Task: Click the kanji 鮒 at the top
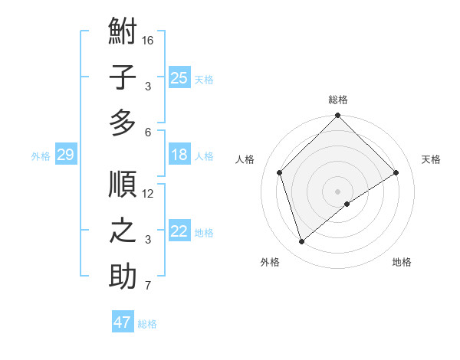click(x=123, y=33)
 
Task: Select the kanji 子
click(x=123, y=77)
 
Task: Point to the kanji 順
click(x=123, y=185)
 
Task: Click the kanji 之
click(x=123, y=231)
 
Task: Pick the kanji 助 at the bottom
click(x=123, y=277)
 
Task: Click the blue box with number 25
click(x=179, y=77)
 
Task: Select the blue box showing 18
click(x=179, y=155)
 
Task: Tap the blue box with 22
click(x=179, y=231)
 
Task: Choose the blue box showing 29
click(x=65, y=155)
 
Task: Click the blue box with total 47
click(x=123, y=322)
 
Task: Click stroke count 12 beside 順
click(x=148, y=194)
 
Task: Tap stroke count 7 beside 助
click(x=148, y=286)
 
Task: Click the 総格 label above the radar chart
click(x=338, y=100)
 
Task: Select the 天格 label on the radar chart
click(x=431, y=159)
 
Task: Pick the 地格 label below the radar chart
click(x=402, y=263)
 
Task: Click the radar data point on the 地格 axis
click(x=347, y=204)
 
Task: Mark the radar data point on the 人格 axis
click(x=280, y=172)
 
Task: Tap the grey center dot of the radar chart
click(x=337, y=190)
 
